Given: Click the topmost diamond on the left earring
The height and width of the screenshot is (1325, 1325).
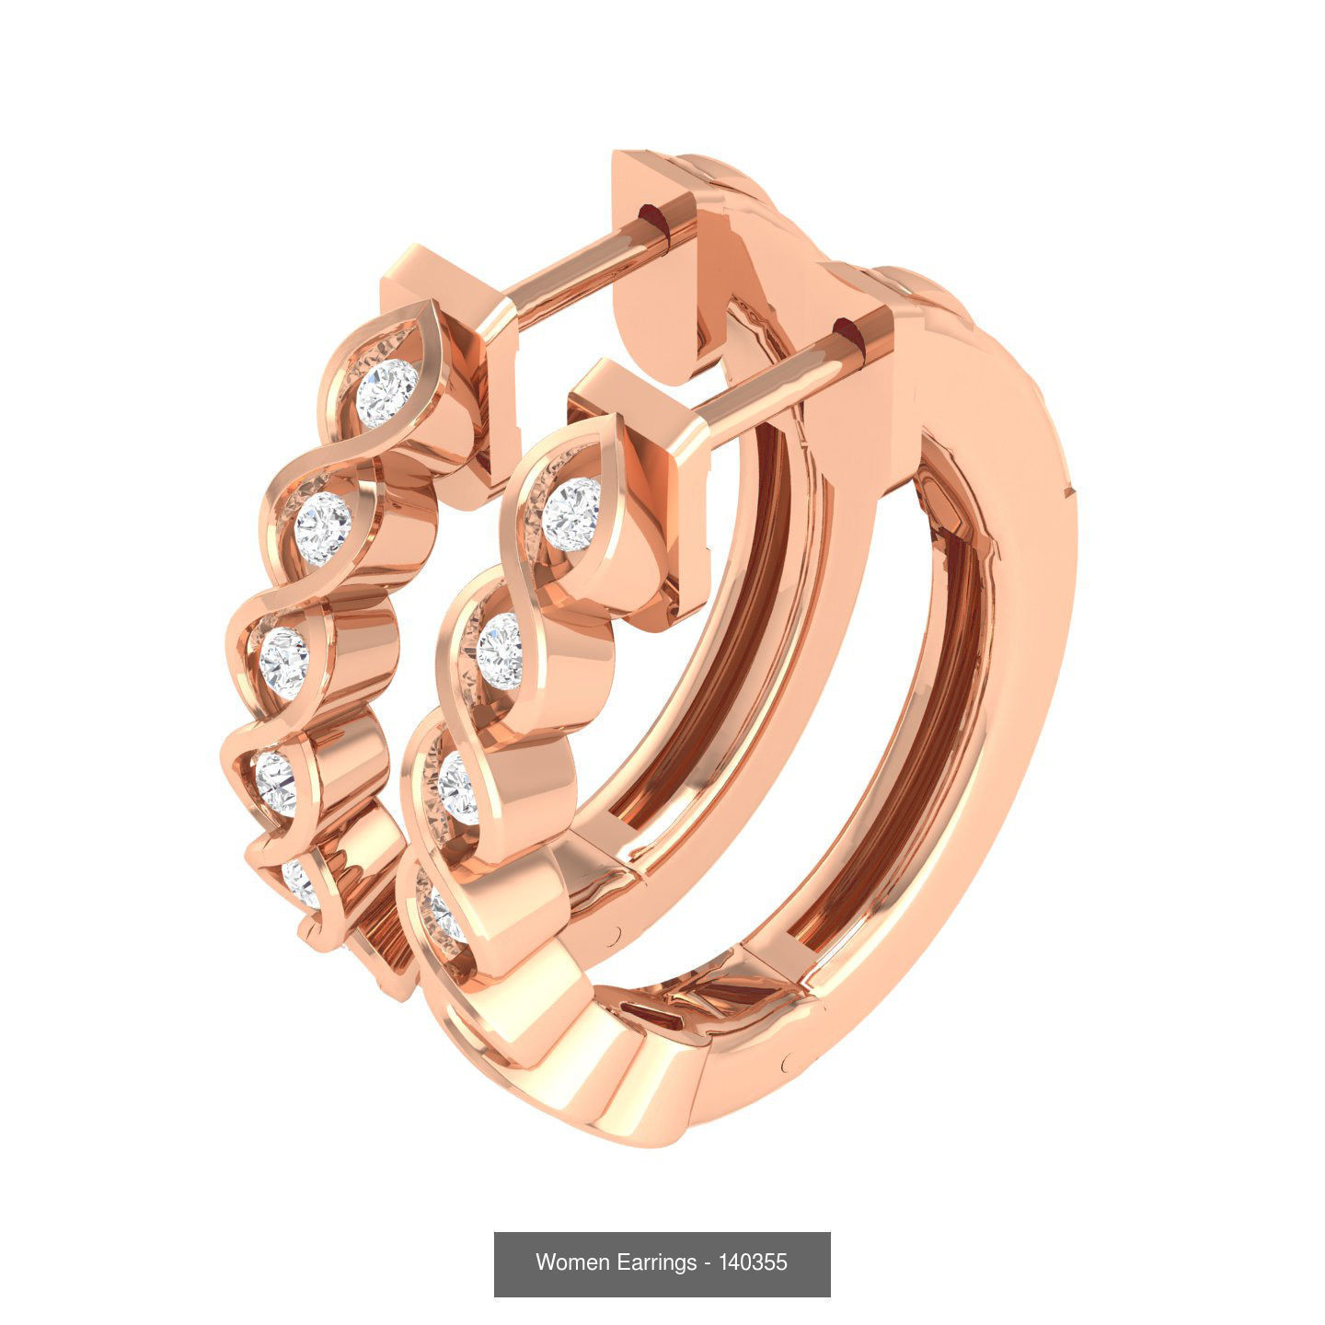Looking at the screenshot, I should click(x=386, y=394).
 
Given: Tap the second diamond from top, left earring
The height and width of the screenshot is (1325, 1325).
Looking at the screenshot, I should click(x=323, y=522).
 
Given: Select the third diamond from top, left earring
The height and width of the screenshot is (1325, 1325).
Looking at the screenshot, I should click(x=283, y=657).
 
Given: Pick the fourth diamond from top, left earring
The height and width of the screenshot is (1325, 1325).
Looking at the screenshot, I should click(x=276, y=783).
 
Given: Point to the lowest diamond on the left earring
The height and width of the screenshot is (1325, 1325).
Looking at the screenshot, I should click(x=301, y=883).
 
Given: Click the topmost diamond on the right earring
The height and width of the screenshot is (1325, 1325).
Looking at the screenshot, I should click(x=570, y=514).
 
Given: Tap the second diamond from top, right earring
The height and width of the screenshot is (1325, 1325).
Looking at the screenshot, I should click(x=501, y=651).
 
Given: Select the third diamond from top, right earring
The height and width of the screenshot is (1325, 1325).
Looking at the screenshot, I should click(x=458, y=788).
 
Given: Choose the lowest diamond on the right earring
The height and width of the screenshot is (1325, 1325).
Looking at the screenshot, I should click(x=441, y=916).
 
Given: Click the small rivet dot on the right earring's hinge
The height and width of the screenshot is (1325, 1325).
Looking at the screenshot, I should click(x=788, y=1064).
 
